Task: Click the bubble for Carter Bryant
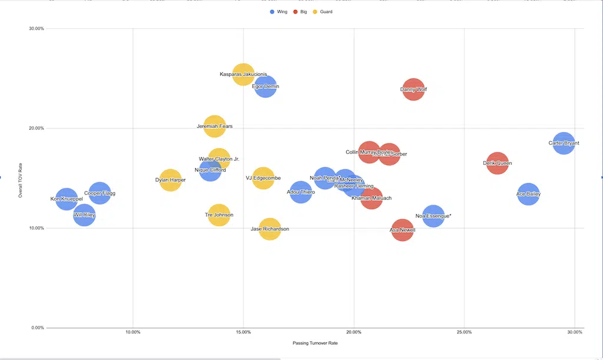564,143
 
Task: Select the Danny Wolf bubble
413,90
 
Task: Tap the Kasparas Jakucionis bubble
243,74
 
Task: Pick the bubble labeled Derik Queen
498,163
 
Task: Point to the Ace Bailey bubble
528,194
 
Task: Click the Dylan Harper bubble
170,180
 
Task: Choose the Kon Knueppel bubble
67,199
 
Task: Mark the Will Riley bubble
84,216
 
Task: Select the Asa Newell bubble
403,230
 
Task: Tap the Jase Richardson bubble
270,229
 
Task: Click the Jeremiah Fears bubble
214,126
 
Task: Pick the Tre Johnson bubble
218,215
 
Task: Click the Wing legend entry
279,12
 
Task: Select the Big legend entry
301,12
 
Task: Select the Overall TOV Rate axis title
21,180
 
